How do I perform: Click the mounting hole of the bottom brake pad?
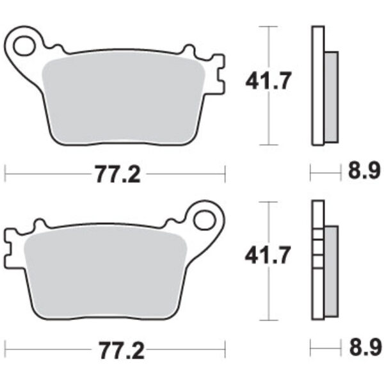coord(205,220)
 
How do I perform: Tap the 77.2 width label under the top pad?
coord(116,173)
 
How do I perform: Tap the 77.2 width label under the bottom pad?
coord(116,351)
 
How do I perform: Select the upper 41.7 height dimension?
coord(267,81)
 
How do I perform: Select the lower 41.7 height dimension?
coord(267,256)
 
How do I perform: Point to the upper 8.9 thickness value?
coord(361,173)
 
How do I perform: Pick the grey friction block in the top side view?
coord(330,96)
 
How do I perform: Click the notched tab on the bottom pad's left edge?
coord(10,250)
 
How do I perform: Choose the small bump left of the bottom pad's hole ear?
coord(173,221)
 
